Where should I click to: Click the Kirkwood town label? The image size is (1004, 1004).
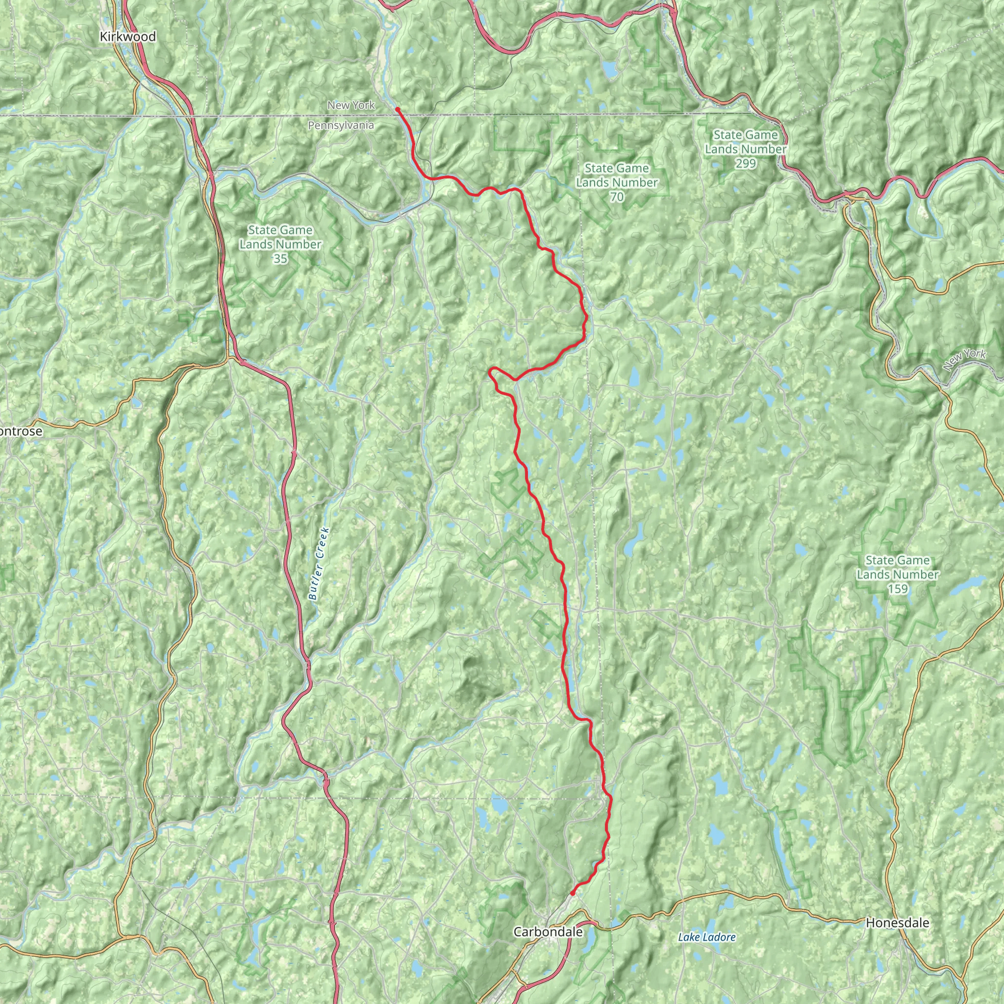pos(128,37)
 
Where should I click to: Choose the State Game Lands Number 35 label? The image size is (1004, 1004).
pos(280,244)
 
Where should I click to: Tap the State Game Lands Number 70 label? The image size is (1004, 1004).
pos(617,182)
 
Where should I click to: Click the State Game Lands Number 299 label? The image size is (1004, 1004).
pos(745,149)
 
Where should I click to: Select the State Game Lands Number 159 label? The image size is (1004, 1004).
pos(898,574)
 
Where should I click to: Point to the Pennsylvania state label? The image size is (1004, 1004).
pos(341,125)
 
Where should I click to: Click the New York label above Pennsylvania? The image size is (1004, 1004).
pos(351,105)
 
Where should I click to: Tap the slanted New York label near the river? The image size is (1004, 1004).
pos(964,360)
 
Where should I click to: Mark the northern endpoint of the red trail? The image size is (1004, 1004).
pos(397,109)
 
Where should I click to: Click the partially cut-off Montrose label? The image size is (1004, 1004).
pos(21,431)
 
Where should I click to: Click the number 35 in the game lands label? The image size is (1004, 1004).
pos(280,258)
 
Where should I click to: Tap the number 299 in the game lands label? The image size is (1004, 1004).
pos(745,163)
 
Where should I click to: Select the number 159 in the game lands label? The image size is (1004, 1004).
pos(898,589)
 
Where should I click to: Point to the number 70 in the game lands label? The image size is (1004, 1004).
pos(617,197)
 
